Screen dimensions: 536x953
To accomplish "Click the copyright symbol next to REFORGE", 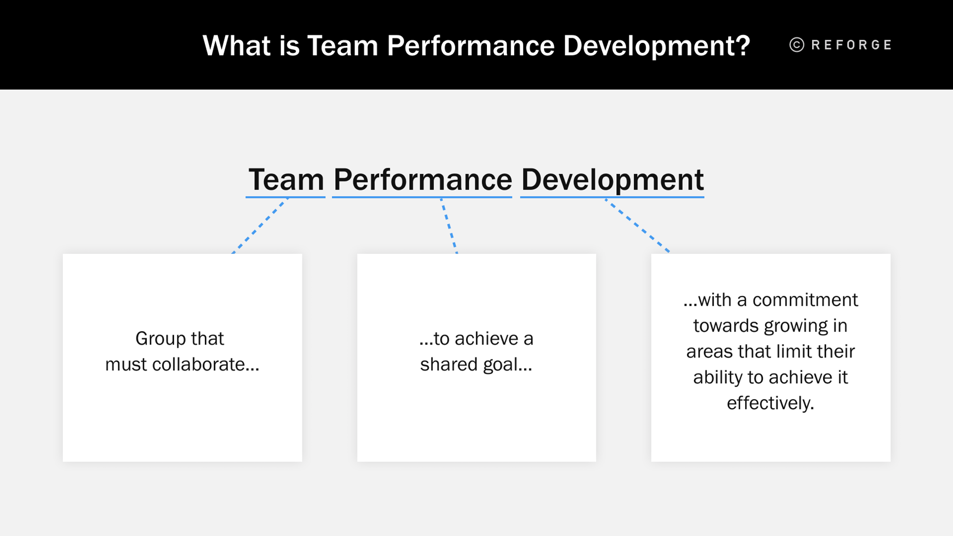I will point(797,45).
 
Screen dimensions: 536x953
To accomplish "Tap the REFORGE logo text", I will point(851,45).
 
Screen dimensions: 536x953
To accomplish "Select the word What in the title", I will point(237,45).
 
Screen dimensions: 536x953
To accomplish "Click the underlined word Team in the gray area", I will point(286,180).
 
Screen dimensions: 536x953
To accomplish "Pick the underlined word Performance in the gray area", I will point(422,180).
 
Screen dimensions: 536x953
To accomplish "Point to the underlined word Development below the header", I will point(612,180).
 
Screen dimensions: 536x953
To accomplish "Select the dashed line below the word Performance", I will point(449,226).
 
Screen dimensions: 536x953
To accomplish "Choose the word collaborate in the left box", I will point(205,364).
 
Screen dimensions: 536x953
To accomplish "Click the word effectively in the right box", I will point(770,403).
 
